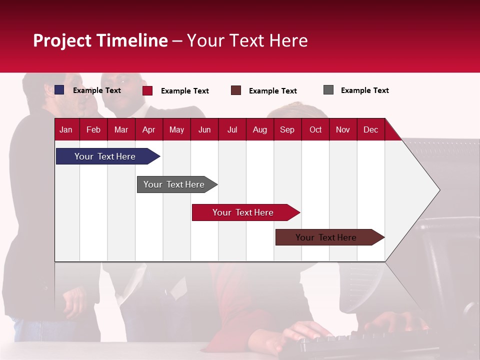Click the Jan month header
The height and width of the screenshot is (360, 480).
coord(66,129)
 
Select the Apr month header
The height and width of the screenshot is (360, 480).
coord(149,129)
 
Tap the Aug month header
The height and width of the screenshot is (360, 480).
coord(260,129)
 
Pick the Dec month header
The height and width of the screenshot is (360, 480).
coord(370,129)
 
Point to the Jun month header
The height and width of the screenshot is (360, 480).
coord(204,129)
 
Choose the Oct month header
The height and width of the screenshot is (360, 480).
coord(315,129)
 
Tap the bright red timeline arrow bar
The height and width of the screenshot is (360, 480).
coord(243,212)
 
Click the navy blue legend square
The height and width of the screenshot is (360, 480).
coord(59,90)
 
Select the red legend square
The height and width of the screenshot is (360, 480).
coord(147,90)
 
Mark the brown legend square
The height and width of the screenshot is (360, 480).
coord(236,90)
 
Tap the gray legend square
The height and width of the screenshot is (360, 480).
coord(328,90)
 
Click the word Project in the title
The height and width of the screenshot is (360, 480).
coord(62,40)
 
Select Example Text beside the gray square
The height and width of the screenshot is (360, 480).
coord(364,90)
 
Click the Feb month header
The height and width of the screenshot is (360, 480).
coord(93,129)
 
